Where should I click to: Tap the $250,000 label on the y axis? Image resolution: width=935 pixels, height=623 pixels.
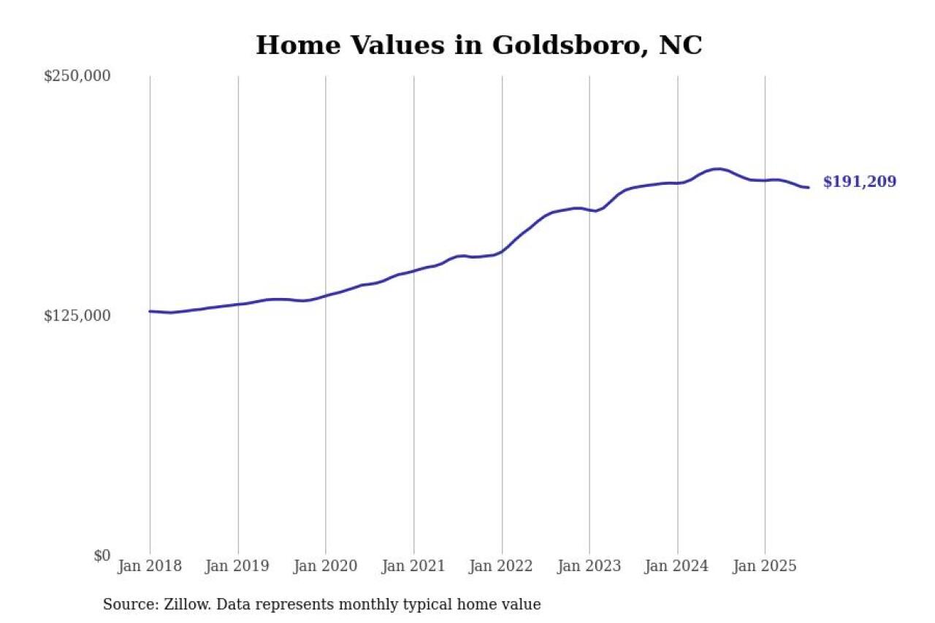click(x=77, y=76)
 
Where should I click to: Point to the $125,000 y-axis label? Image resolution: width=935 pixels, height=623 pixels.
click(x=77, y=316)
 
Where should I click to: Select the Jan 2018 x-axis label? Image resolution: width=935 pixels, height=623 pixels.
click(x=150, y=566)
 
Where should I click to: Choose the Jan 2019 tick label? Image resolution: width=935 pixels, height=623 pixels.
click(x=237, y=566)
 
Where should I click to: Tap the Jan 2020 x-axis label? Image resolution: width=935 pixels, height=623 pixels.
click(x=326, y=566)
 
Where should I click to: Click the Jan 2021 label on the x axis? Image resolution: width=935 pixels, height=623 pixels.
click(x=413, y=566)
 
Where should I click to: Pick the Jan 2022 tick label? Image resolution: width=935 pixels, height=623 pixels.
click(x=502, y=566)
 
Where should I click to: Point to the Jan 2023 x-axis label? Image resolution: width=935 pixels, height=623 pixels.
click(x=589, y=566)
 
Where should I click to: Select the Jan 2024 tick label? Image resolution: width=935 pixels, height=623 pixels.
click(x=677, y=566)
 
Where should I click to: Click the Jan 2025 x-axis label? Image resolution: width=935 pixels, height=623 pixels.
click(x=765, y=566)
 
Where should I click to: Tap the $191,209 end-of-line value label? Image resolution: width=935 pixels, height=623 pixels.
click(x=859, y=183)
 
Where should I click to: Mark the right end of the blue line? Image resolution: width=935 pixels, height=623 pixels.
click(x=808, y=188)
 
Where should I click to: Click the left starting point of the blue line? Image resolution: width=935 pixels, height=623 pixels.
click(x=150, y=311)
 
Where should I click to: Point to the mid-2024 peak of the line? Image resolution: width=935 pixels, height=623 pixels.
click(x=718, y=169)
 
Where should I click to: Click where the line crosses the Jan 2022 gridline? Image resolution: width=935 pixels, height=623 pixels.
click(x=502, y=251)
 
